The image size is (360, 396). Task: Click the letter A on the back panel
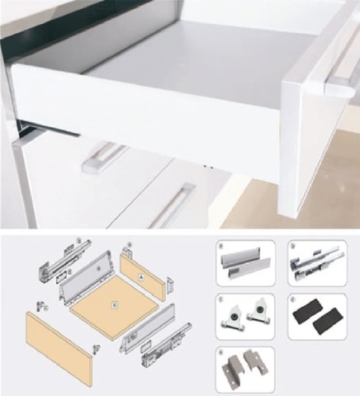pos(141,278)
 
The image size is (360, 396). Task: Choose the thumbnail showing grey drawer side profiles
pos(244,263)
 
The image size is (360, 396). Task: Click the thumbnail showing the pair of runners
pos(317,264)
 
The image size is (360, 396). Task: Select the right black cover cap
pos(329,323)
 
